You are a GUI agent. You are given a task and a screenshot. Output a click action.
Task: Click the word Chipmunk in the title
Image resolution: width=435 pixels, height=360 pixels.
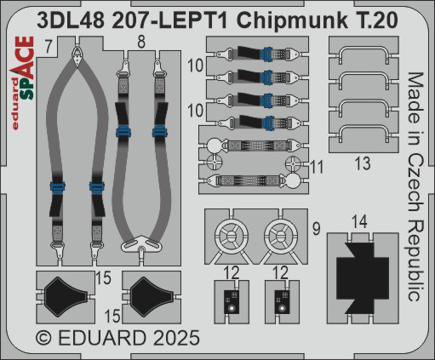[x=293, y=21]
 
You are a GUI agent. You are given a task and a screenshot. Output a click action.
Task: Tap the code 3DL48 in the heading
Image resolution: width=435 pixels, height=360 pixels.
[x=71, y=20]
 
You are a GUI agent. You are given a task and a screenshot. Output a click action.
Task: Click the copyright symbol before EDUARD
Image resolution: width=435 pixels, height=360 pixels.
[x=44, y=338]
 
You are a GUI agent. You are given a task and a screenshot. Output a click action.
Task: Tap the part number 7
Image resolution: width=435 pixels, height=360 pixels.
[x=49, y=47]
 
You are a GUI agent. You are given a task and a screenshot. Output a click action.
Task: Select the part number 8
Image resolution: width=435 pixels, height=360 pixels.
[x=141, y=43]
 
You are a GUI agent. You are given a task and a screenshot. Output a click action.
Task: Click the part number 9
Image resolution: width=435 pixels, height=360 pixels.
[x=317, y=229]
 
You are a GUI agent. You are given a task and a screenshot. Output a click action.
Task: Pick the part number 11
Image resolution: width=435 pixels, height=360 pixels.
[x=317, y=167]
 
